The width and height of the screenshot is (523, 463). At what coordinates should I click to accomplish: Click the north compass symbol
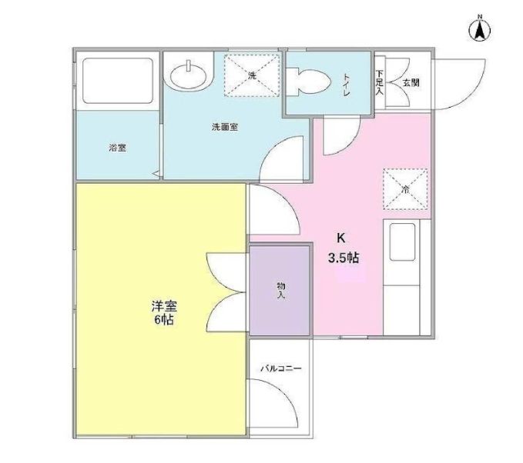pyautogui.click(x=480, y=30)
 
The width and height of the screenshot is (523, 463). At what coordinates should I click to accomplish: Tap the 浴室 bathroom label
pyautogui.click(x=117, y=148)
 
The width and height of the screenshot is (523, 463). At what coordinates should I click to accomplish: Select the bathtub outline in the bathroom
pyautogui.click(x=118, y=81)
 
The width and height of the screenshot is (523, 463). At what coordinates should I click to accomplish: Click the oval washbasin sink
pyautogui.click(x=189, y=75)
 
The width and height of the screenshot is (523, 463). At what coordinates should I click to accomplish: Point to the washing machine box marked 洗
pyautogui.click(x=252, y=75)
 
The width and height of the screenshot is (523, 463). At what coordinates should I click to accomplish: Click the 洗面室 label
pyautogui.click(x=225, y=127)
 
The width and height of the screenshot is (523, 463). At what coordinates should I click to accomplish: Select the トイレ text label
pyautogui.click(x=346, y=85)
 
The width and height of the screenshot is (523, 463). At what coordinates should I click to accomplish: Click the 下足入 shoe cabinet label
pyautogui.click(x=379, y=82)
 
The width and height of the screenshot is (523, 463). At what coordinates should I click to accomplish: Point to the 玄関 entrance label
pyautogui.click(x=411, y=82)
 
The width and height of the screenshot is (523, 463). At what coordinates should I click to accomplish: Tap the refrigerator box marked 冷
pyautogui.click(x=405, y=189)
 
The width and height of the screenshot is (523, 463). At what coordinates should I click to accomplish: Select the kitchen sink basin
pyautogui.click(x=403, y=241)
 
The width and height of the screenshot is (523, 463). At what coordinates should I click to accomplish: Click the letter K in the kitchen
pyautogui.click(x=340, y=238)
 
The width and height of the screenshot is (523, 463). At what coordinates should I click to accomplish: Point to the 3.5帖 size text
pyautogui.click(x=344, y=258)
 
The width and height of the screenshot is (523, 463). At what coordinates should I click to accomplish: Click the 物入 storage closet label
pyautogui.click(x=281, y=290)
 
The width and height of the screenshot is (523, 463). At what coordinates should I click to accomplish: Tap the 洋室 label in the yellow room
pyautogui.click(x=164, y=306)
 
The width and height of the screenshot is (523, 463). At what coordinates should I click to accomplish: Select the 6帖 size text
pyautogui.click(x=164, y=320)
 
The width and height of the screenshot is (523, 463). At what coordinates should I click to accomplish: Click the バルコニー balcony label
pyautogui.click(x=281, y=368)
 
